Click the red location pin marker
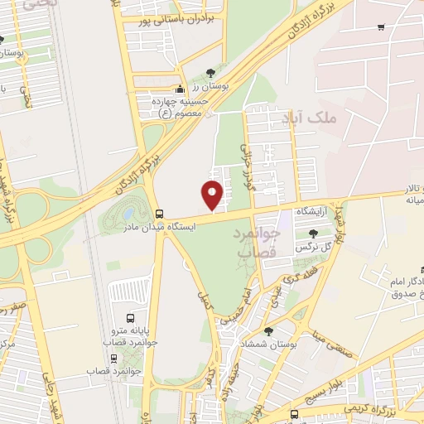213,194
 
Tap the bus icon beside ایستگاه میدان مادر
159,212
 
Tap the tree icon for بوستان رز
210,73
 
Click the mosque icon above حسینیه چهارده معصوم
181,89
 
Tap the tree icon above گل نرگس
312,234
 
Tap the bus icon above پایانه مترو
129,318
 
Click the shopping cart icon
380,27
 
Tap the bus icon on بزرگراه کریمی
295,414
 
